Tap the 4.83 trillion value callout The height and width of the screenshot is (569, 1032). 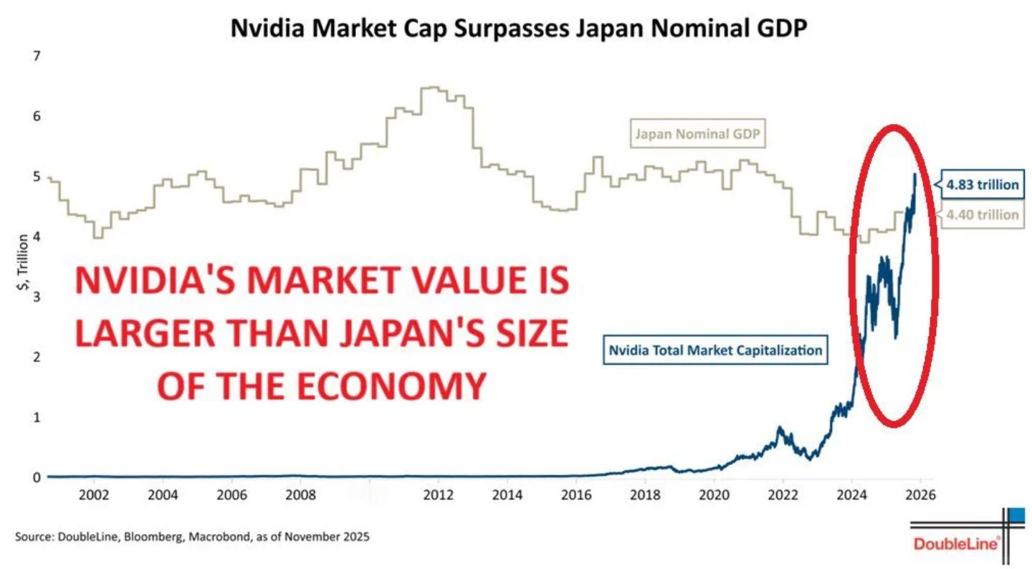tap(981, 185)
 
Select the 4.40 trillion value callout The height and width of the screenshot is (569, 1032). tap(981, 214)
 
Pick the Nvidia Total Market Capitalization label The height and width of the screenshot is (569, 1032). tap(715, 351)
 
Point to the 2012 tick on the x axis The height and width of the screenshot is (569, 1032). tap(437, 494)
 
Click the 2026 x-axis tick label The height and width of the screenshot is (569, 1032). tap(920, 494)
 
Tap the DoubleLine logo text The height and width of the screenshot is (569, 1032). tap(957, 545)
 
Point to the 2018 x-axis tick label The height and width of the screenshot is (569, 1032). tap(644, 494)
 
